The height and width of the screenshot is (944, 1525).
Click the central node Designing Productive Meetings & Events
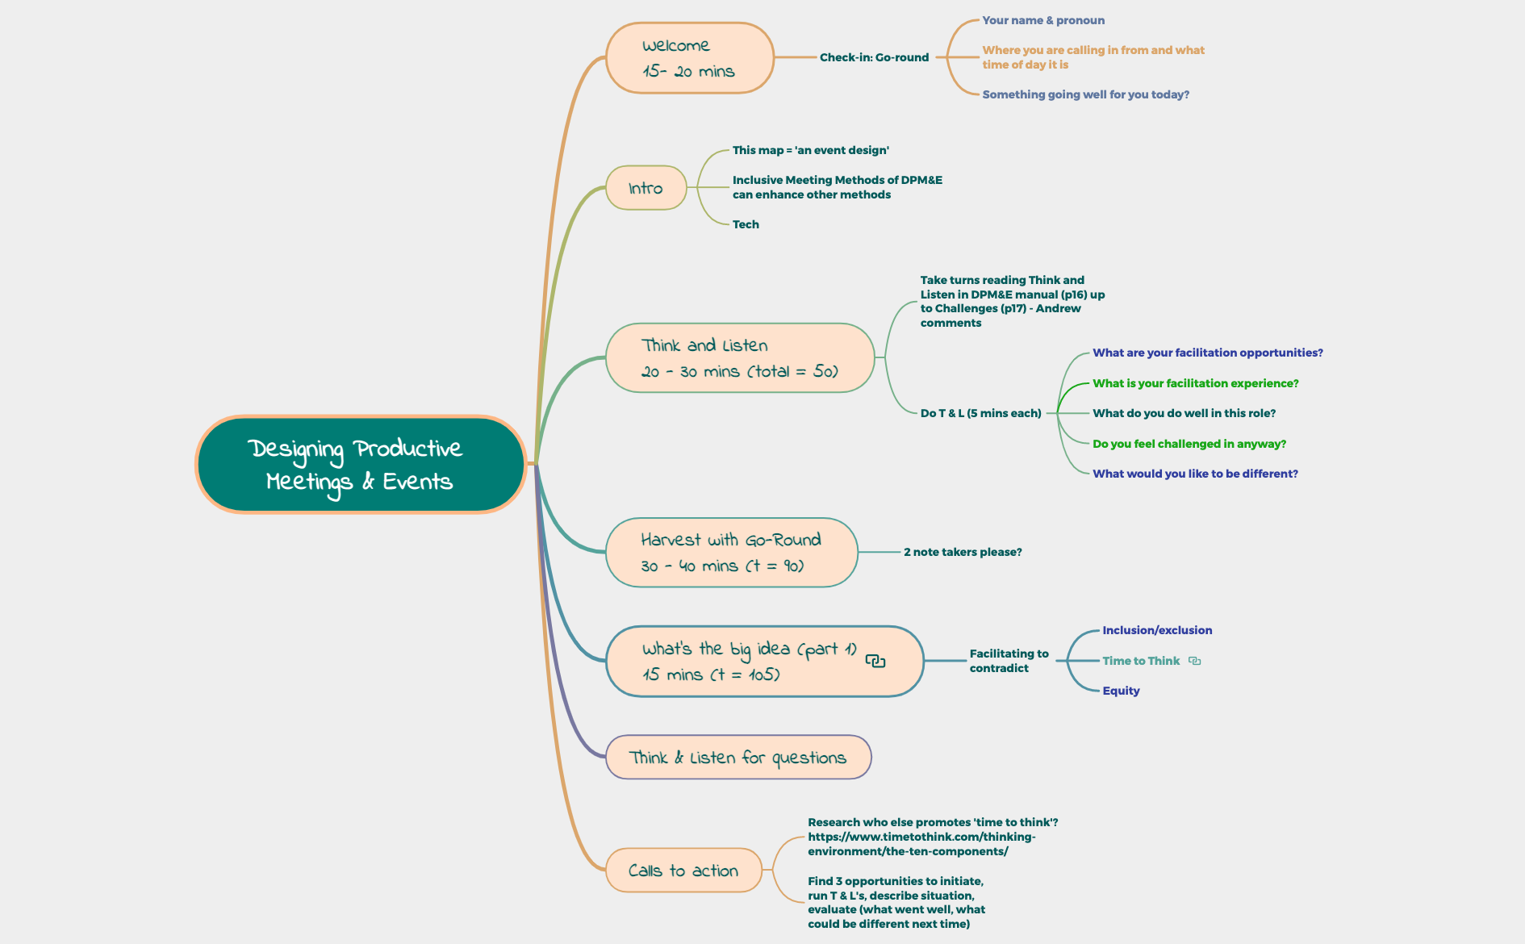pos(361,464)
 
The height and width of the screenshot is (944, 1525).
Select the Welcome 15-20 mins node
pos(689,58)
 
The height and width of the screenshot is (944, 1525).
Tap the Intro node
pos(646,188)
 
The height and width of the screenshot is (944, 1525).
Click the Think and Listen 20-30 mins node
pos(739,358)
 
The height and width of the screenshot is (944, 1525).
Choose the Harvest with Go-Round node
pos(730,553)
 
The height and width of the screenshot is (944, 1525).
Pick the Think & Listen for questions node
pos(737,758)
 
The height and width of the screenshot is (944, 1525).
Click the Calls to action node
pos(683,871)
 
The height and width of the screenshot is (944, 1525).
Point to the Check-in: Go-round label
pos(874,57)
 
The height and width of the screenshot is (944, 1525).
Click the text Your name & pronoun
pos(1043,20)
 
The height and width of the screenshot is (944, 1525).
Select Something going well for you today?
pos(1085,94)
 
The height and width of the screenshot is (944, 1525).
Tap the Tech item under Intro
pos(746,224)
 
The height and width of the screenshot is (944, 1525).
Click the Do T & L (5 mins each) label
pos(980,413)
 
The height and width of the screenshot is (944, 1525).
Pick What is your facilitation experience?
pos(1195,383)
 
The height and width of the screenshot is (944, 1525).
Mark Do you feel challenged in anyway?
pos(1189,444)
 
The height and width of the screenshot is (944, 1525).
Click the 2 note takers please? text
pos(963,552)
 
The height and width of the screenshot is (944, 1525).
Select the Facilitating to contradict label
pos(1009,661)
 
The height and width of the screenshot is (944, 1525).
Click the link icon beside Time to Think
pos(1195,661)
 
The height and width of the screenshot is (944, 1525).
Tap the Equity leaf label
pos(1121,691)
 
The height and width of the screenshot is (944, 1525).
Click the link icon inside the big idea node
pos(875,662)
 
